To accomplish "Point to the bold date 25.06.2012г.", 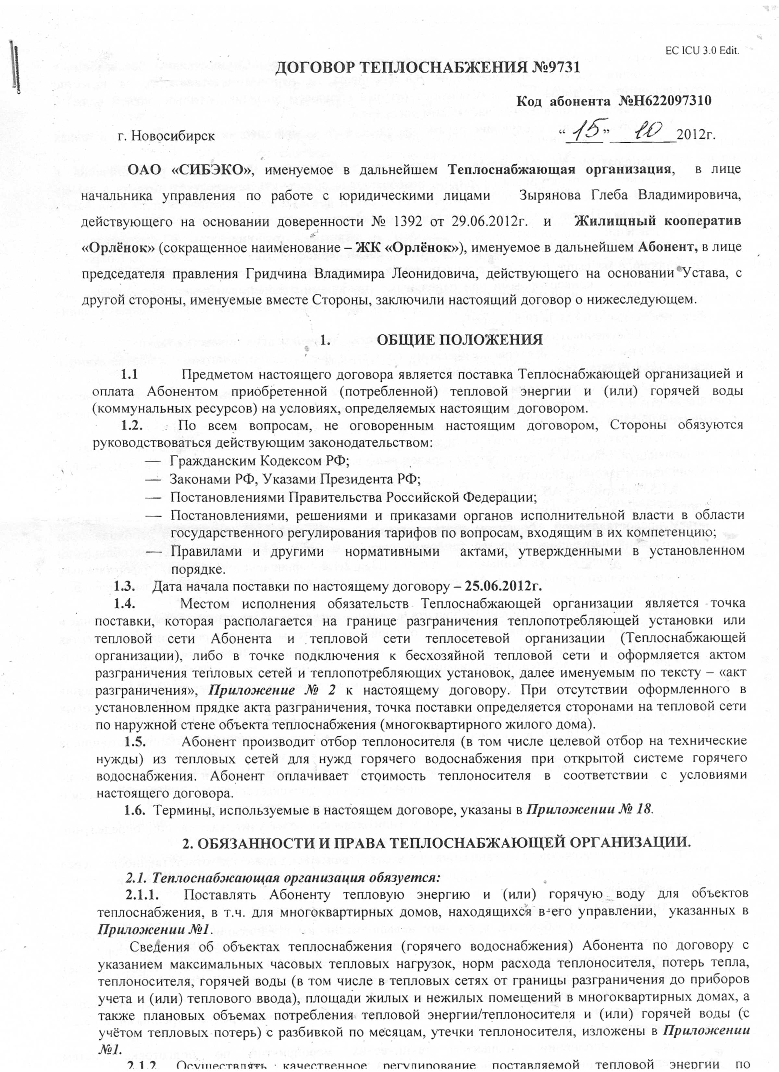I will [503, 587].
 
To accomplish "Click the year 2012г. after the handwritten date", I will [696, 136].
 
